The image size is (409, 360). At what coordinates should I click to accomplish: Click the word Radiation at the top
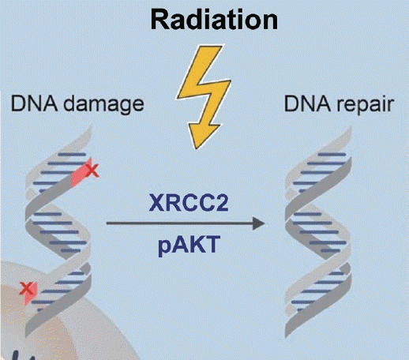pyautogui.click(x=214, y=20)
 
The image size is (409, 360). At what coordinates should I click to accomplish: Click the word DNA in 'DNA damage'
pyautogui.click(x=34, y=103)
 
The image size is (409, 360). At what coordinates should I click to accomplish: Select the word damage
pyautogui.click(x=103, y=105)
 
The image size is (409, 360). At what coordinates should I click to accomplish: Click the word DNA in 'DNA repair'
pyautogui.click(x=307, y=104)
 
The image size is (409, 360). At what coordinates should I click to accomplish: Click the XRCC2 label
pyautogui.click(x=189, y=203)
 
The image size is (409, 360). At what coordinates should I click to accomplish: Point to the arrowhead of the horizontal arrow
pyautogui.click(x=258, y=223)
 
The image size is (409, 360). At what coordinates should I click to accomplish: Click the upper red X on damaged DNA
pyautogui.click(x=92, y=171)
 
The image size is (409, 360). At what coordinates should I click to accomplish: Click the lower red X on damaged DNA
pyautogui.click(x=26, y=288)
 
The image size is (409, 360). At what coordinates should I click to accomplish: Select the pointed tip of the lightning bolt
pyautogui.click(x=196, y=148)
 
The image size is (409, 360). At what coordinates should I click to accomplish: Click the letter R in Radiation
pyautogui.click(x=159, y=21)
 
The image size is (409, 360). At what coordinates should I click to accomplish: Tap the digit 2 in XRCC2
pyautogui.click(x=221, y=202)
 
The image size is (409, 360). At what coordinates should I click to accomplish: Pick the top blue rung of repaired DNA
pyautogui.click(x=332, y=155)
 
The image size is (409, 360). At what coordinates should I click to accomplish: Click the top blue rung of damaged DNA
pyautogui.click(x=72, y=155)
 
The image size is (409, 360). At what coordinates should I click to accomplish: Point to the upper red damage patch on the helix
pyautogui.click(x=81, y=173)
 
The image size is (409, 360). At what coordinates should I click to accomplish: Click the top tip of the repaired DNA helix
pyautogui.click(x=350, y=128)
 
